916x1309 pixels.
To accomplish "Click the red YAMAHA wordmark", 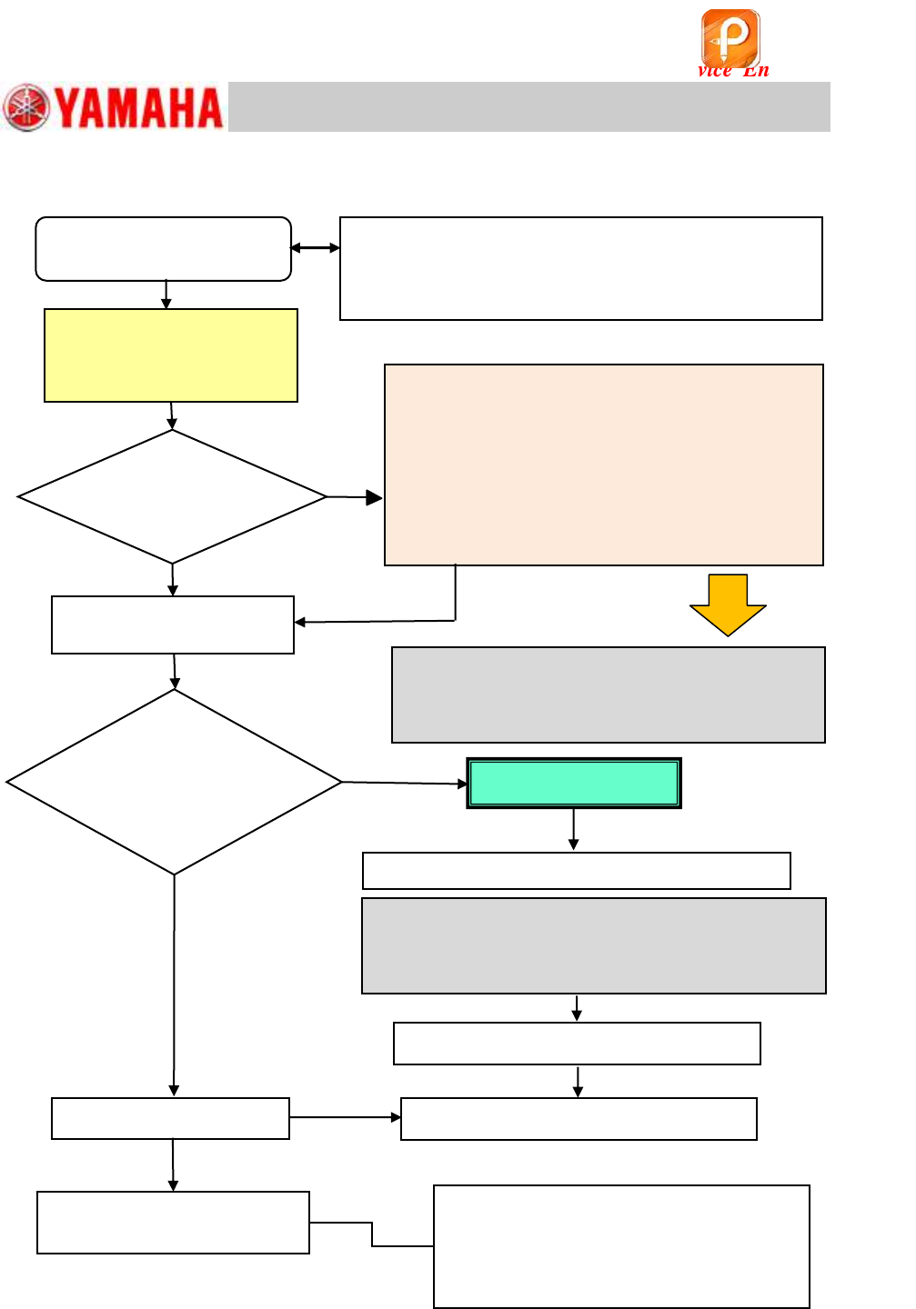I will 138,107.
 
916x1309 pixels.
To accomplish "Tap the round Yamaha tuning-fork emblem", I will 26,107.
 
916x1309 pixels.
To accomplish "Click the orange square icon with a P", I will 730,37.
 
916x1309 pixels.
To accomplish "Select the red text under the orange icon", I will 733,71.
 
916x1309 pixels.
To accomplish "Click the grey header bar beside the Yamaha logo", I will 528,106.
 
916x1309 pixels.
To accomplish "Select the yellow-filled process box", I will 171,355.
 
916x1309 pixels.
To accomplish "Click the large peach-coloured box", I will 604,465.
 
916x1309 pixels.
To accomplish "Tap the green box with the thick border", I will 574,783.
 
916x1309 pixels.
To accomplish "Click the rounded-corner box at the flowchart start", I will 164,248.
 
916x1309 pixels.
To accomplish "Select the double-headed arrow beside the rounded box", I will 315,247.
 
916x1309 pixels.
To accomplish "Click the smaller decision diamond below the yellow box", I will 172,496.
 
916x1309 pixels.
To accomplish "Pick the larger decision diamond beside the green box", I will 174,782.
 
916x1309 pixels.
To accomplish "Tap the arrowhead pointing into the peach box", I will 373,497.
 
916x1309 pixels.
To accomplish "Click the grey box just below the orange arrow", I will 608,694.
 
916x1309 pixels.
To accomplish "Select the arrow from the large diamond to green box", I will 404,783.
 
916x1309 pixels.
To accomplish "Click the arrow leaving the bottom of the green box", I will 573,830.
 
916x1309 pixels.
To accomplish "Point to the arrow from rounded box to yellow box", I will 166,295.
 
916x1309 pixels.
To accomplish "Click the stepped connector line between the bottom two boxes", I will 372,1234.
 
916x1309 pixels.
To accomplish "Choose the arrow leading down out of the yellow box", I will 172,415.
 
